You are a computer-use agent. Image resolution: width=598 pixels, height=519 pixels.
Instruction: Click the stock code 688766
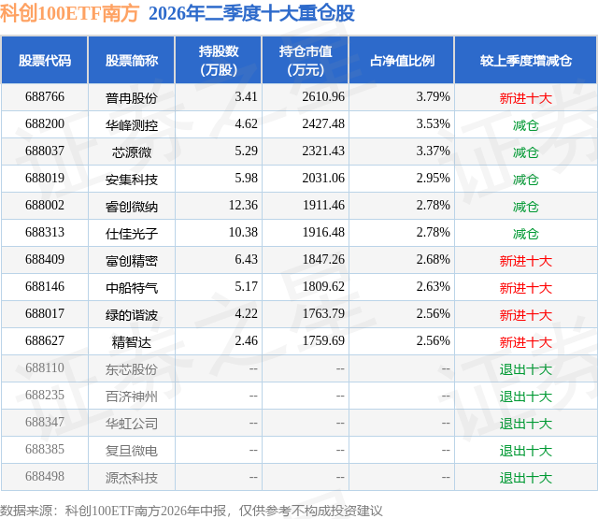coord(45,97)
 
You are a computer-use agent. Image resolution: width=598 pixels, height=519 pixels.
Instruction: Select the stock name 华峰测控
coord(132,125)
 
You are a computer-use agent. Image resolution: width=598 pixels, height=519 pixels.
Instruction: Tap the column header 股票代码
coord(45,60)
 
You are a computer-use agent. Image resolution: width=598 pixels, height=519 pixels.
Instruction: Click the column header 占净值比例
coord(402,60)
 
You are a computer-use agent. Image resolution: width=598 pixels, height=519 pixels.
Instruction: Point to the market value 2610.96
coord(323,97)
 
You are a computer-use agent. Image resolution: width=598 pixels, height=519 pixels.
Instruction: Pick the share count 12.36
coord(243,206)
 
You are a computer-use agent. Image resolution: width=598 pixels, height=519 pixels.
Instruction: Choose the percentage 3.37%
coord(433,151)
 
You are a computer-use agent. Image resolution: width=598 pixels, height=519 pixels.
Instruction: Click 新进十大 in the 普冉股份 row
coord(526,98)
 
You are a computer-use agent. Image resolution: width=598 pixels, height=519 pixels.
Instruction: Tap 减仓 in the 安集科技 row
coord(526,180)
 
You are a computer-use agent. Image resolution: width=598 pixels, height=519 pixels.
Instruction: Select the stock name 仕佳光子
coord(132,234)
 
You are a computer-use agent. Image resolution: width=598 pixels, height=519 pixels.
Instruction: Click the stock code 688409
coord(45,260)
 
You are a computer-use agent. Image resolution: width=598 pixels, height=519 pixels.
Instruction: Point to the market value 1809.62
coord(323,286)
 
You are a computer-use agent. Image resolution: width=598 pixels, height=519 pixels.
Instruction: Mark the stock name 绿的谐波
coord(132,315)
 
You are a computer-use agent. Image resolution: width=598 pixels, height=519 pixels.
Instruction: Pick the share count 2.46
coord(246,340)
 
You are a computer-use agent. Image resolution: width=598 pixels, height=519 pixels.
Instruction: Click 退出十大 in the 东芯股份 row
coord(526,369)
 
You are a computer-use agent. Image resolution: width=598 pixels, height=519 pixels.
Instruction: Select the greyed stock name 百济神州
coord(132,396)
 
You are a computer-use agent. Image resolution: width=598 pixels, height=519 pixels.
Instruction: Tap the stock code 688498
coord(45,476)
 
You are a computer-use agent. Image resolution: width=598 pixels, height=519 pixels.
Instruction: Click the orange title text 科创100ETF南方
coord(69,13)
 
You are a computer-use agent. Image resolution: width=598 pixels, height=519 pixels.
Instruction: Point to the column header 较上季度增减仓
coord(526,60)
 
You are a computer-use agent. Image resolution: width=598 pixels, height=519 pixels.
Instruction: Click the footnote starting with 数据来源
coord(191,511)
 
